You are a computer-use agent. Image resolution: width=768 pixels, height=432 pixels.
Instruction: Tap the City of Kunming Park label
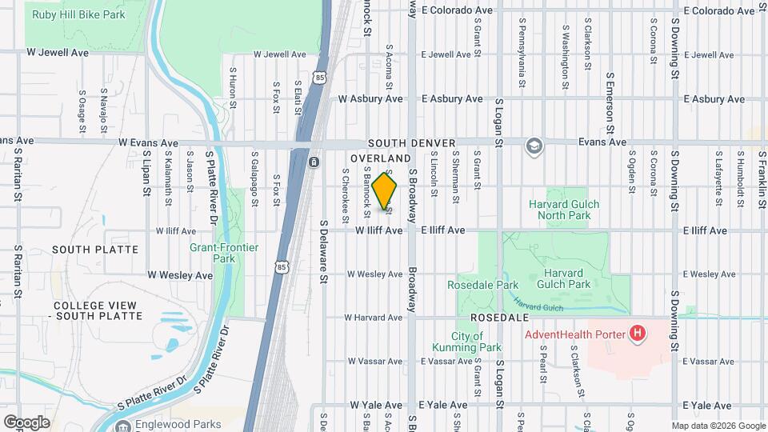point(466,342)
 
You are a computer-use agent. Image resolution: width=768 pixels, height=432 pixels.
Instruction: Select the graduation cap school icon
point(534,146)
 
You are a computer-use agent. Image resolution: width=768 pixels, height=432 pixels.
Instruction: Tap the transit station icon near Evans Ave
point(314,162)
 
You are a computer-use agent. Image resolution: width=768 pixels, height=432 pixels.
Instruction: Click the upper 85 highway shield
point(320,77)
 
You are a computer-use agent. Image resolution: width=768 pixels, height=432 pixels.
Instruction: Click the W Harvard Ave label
point(374,318)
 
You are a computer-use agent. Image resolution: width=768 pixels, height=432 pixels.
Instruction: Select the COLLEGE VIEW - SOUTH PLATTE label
point(98,310)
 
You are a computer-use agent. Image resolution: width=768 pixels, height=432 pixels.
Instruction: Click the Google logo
point(26,422)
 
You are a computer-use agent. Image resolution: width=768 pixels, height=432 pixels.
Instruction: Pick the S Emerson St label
point(610,104)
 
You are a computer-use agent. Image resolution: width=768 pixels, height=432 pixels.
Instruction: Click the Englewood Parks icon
point(123,424)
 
